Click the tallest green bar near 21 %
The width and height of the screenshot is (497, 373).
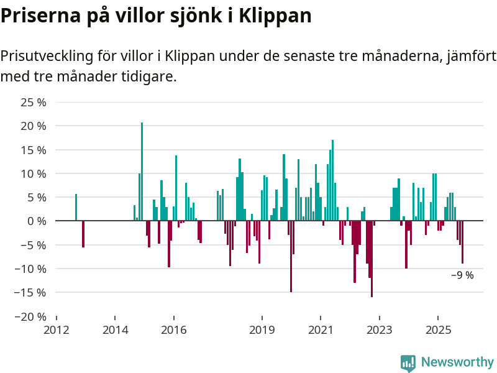coord(142,171)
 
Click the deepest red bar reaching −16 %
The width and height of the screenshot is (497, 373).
coord(372,259)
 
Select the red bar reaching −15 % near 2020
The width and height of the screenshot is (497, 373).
coord(291,256)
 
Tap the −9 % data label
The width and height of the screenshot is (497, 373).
coord(462,275)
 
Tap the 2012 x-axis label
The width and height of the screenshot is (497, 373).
coord(57,329)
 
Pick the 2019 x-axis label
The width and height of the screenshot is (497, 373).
coord(262,329)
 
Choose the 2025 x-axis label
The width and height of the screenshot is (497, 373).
coord(437,329)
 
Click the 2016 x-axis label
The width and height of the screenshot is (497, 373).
coord(174,329)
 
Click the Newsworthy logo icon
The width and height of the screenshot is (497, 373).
coord(408,363)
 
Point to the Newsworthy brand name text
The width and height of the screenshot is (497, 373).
coord(457,362)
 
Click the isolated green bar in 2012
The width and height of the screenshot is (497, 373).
coord(76,208)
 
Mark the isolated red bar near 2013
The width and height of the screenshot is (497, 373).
coord(83,234)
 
